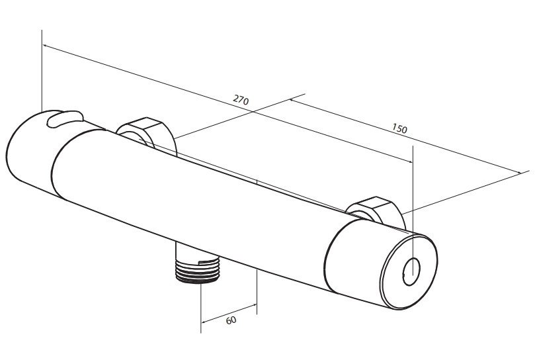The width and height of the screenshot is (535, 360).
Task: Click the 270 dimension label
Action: (x=241, y=100)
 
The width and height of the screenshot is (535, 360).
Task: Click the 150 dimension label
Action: (x=399, y=128)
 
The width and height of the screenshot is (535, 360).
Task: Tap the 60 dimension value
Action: (x=231, y=320)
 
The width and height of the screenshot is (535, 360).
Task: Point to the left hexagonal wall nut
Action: (x=147, y=134)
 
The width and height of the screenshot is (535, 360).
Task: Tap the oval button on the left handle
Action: (x=65, y=118)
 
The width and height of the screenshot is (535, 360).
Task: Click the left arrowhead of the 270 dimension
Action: (x=45, y=46)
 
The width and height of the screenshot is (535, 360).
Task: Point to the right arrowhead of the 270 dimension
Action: (x=409, y=161)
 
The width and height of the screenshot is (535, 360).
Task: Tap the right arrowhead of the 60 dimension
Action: (x=254, y=305)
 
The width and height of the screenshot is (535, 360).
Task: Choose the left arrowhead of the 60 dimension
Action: (x=204, y=322)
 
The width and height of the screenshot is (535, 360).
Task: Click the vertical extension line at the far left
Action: (x=42, y=71)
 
